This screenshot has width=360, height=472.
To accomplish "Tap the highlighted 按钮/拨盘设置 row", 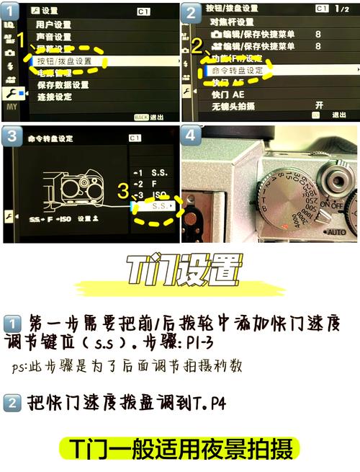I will [x=64, y=61].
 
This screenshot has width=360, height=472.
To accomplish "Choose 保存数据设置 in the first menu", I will [x=61, y=85].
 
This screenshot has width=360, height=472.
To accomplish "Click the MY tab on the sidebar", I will [x=11, y=106].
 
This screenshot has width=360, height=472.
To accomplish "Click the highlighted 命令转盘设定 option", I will [x=238, y=71].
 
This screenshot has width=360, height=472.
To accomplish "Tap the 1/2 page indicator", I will [x=343, y=9].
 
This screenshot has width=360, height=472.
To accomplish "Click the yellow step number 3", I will [x=122, y=192].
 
